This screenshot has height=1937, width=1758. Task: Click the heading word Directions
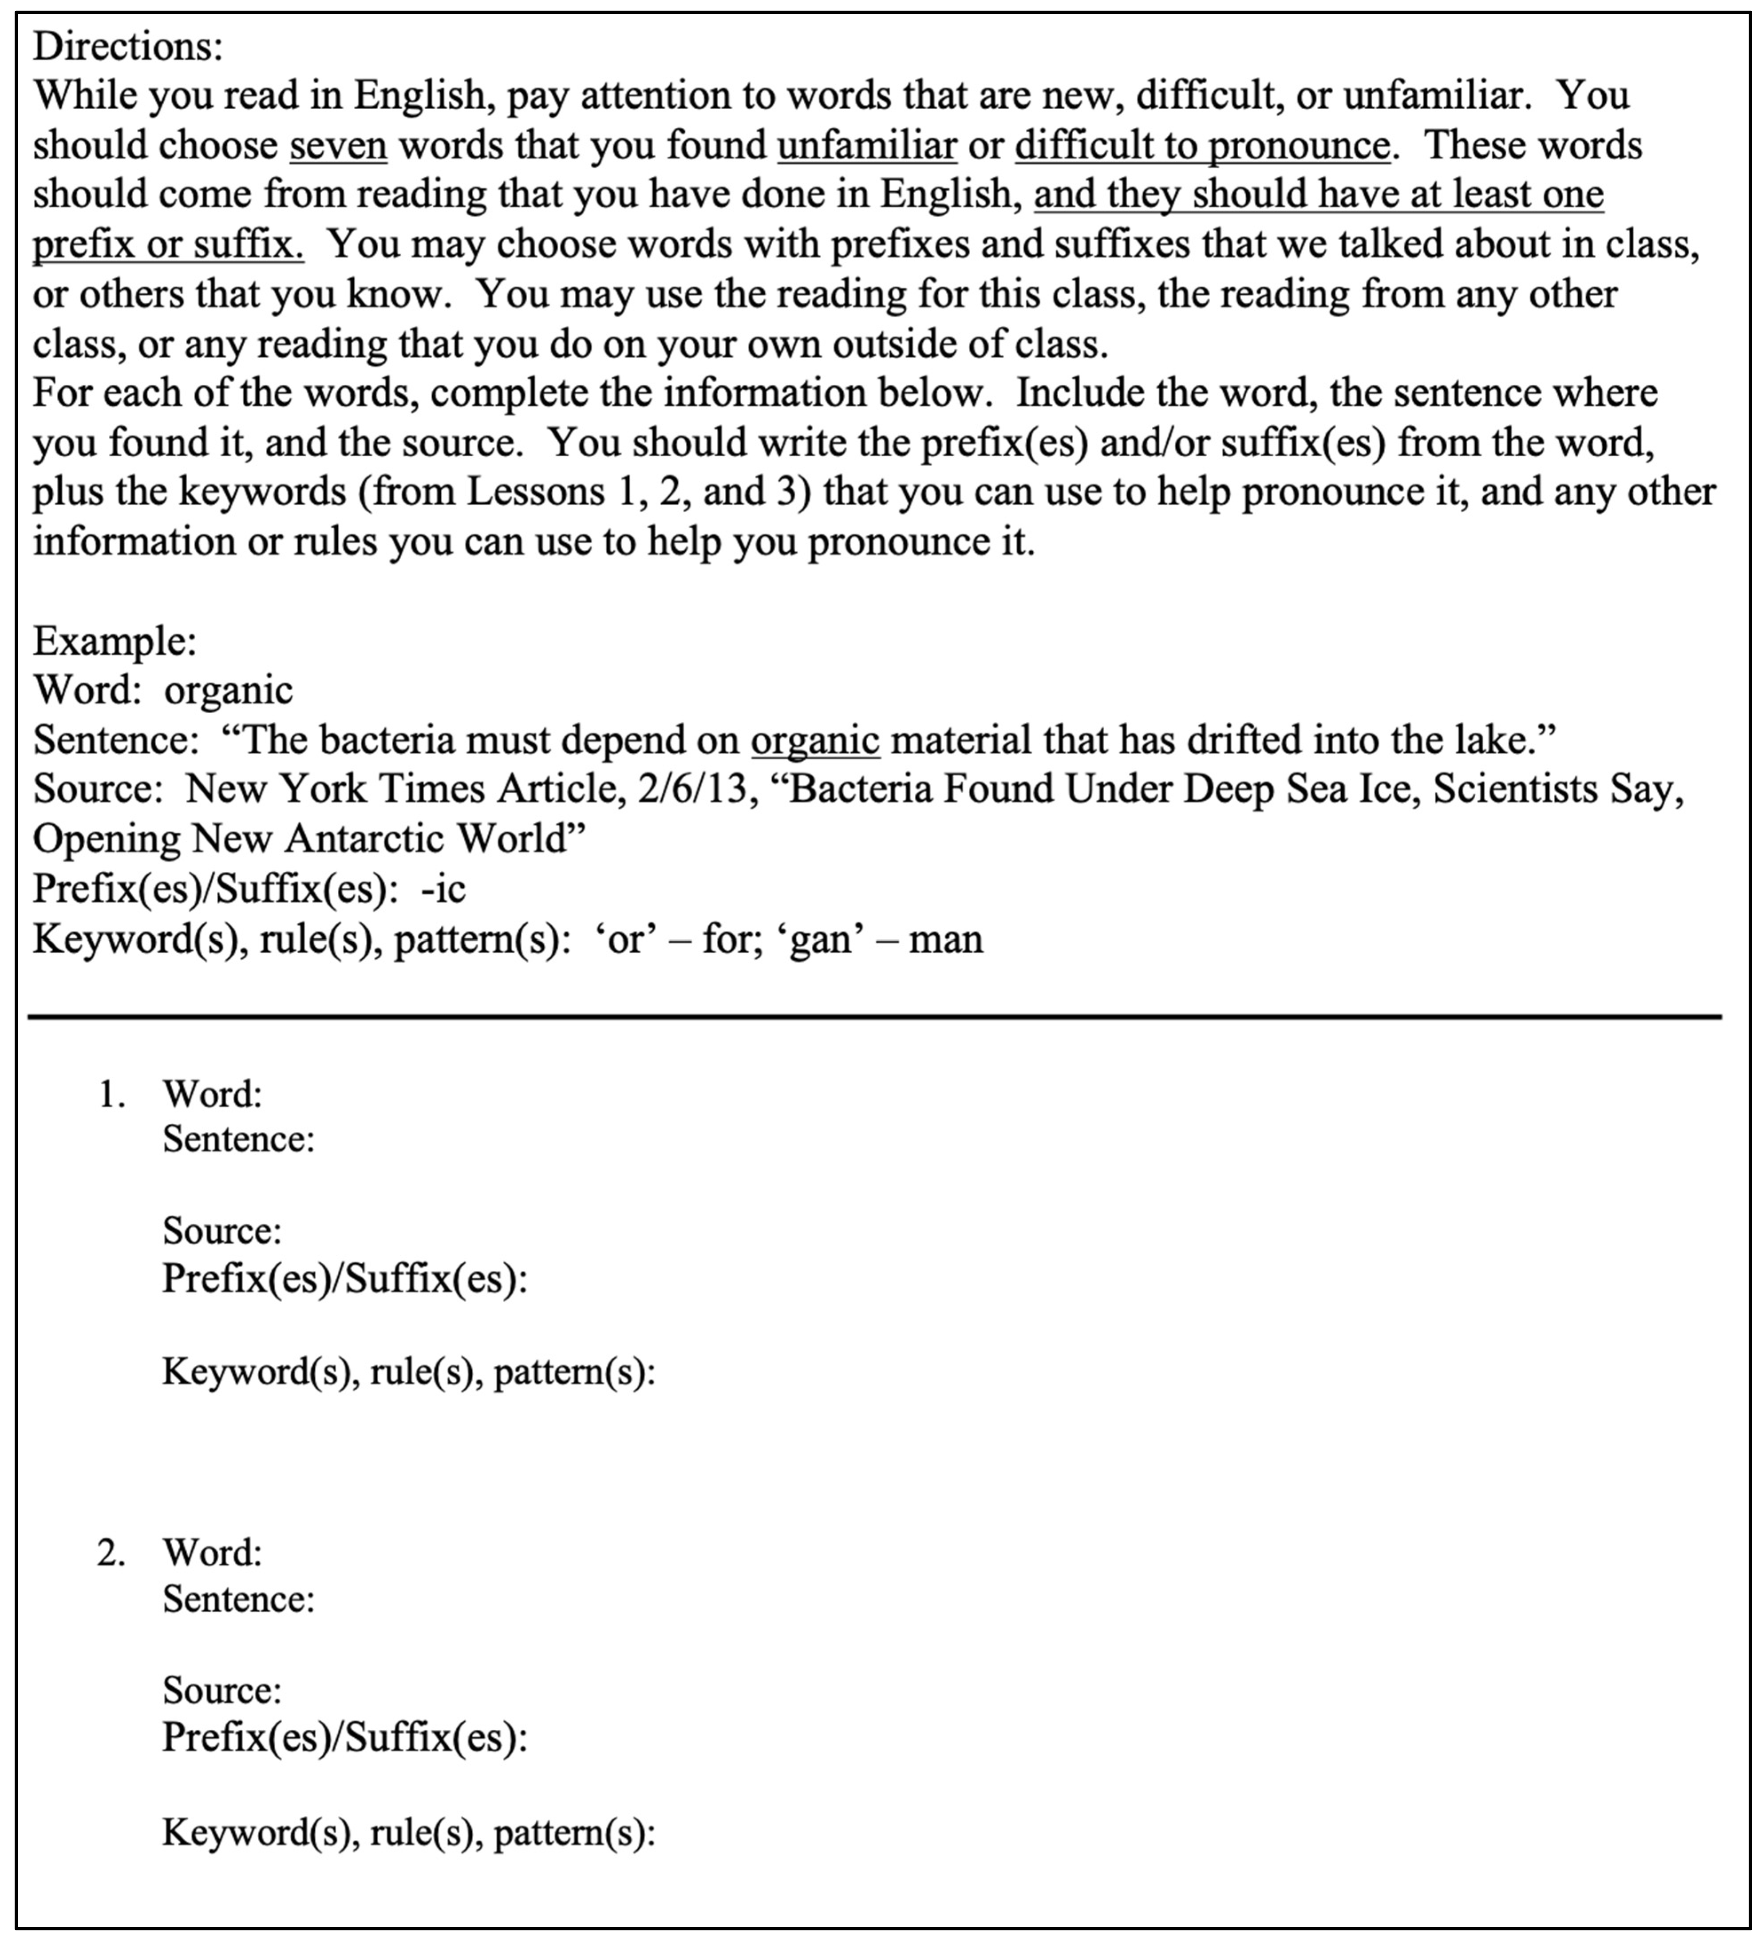coord(128,45)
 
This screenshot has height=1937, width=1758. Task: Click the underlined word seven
coord(338,145)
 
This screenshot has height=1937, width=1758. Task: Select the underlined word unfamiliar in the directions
coord(866,145)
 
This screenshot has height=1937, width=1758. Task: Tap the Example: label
coord(115,641)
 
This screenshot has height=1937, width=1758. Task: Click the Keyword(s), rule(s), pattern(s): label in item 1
coord(408,1371)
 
